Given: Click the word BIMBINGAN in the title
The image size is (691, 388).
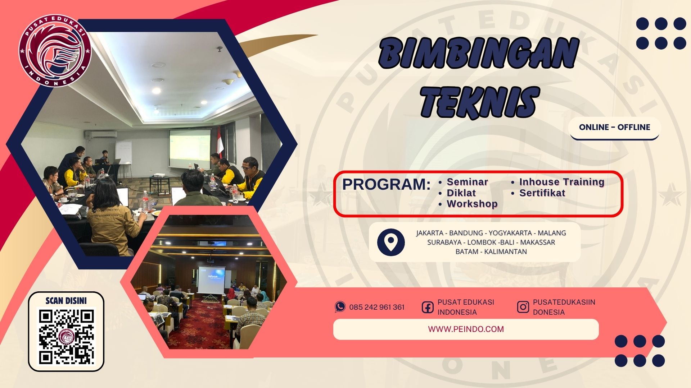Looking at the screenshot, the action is click(478, 54).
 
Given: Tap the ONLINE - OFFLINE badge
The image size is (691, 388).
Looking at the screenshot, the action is click(614, 127).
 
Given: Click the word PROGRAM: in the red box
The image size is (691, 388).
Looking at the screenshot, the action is click(386, 184).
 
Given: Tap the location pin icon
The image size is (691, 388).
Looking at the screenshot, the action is click(391, 242).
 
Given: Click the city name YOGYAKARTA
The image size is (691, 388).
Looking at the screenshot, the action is click(510, 233).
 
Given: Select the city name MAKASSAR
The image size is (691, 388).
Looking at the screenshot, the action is click(537, 242).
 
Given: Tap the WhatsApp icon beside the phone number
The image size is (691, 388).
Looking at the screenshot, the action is click(340, 307).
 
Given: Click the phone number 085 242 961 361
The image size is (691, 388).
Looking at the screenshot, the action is click(377, 307).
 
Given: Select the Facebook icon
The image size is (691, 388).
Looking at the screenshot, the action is click(428, 307).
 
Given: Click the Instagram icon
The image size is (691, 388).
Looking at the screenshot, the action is click(523, 307).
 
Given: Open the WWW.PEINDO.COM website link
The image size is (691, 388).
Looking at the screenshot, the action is click(466, 329).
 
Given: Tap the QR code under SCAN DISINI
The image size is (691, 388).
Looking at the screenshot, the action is click(66, 337).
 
